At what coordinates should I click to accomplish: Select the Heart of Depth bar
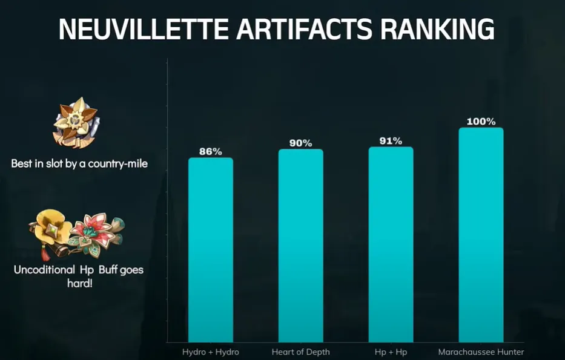(x=300, y=245)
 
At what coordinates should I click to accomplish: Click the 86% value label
(x=210, y=152)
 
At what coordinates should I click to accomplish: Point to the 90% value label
(x=300, y=143)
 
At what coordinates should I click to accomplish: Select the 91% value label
(x=391, y=141)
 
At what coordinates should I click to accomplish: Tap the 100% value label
(x=481, y=122)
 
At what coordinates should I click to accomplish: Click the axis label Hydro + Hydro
(x=210, y=352)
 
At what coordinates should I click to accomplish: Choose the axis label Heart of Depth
(x=300, y=352)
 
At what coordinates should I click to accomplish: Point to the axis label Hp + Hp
(x=391, y=352)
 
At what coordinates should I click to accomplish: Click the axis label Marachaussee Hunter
(x=481, y=352)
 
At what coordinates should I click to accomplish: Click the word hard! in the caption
(x=79, y=283)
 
